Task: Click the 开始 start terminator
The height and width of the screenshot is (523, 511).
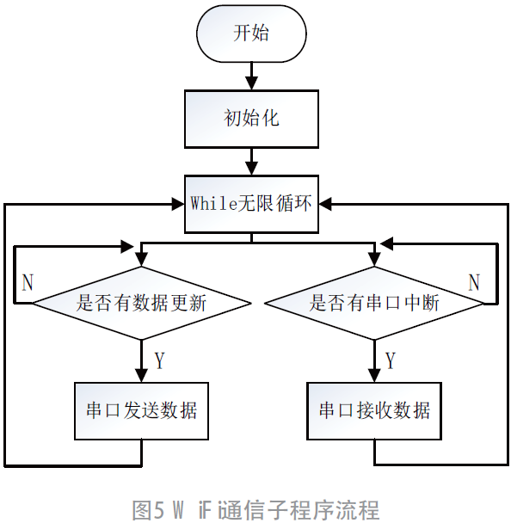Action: coord(251,34)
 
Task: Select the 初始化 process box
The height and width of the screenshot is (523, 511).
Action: coord(251,119)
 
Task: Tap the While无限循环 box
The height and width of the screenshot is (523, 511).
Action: coord(251,204)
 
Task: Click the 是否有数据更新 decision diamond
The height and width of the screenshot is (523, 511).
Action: coord(141,303)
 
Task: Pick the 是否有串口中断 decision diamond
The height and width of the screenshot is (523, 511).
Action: coord(373,303)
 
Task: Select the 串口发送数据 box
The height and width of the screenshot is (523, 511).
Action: coord(141,409)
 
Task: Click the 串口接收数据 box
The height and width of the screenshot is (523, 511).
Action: coord(373,409)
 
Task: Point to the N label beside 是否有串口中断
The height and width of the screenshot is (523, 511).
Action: coord(474,282)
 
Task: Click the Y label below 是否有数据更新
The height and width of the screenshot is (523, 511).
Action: coord(159,360)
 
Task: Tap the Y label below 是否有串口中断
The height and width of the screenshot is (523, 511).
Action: coord(391,360)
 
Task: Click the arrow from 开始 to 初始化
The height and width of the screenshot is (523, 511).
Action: coord(251,77)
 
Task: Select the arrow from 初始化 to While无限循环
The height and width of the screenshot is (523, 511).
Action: coord(251,161)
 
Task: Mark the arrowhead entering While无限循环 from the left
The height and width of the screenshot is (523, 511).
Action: coord(177,205)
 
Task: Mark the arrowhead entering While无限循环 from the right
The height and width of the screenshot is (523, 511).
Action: coord(325,205)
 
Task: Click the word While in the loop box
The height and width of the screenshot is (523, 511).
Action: coord(208,204)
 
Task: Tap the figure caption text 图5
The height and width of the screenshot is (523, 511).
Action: coord(146,509)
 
